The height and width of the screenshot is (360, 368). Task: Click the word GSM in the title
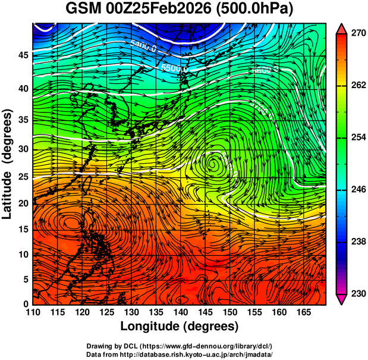[83, 10]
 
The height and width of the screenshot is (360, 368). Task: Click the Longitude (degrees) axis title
[180, 327]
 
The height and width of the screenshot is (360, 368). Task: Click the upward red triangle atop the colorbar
[342, 28]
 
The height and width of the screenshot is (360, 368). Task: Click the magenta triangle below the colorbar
[342, 299]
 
